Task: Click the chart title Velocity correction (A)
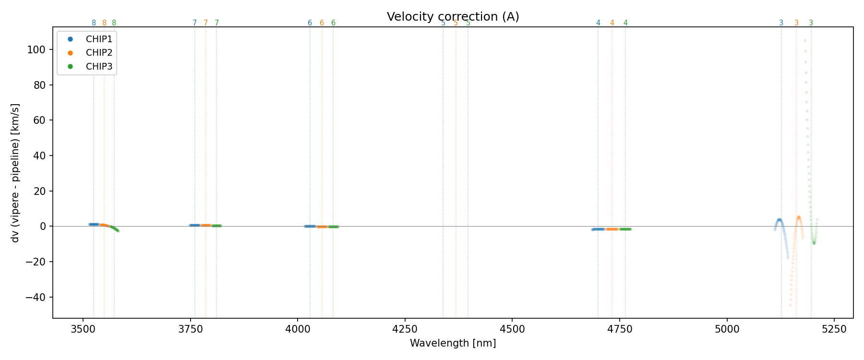pos(453,17)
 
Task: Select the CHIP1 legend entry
pos(99,39)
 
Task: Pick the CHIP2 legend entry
pos(99,53)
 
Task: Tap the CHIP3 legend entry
pos(99,67)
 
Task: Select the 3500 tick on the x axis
pos(83,329)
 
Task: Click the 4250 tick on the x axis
pos(405,329)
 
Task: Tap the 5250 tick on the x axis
pos(834,329)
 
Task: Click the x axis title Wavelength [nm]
pos(453,343)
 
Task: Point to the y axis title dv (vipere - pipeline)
pos(15,172)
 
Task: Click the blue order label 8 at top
pos(94,23)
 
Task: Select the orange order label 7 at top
pos(206,23)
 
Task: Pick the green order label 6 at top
pos(333,23)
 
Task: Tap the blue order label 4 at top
pos(598,23)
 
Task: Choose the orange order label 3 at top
pos(796,23)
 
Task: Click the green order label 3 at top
pos(811,23)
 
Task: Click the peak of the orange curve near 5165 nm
pos(799,217)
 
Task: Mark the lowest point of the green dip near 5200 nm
pos(814,243)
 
